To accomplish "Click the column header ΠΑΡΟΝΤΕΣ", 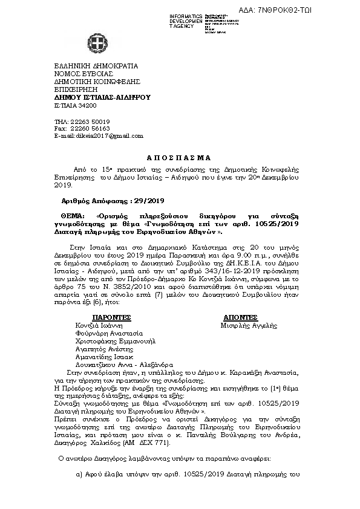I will click(111, 317).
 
